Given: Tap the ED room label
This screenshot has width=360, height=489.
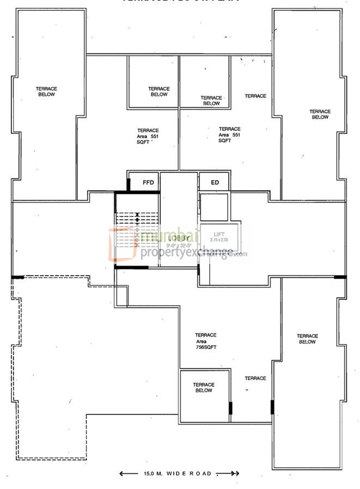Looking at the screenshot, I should click(x=215, y=182).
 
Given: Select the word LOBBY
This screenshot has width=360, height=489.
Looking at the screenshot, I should click(x=179, y=238).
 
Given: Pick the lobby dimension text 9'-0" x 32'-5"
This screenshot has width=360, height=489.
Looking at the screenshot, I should click(x=179, y=245).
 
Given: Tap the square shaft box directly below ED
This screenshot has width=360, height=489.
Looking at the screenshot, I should click(x=214, y=206).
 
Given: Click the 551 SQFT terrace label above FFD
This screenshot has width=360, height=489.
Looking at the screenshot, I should click(x=148, y=136).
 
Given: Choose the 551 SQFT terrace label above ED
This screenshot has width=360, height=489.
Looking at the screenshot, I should click(x=229, y=135).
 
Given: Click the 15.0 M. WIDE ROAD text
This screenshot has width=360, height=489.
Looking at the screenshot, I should click(x=178, y=474).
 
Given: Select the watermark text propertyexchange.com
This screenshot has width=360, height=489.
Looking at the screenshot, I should click(x=193, y=252).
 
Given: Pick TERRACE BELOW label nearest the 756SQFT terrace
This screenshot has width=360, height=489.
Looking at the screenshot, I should click(x=203, y=388).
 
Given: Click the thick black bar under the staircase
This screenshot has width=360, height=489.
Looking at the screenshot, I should click(x=131, y=267).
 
